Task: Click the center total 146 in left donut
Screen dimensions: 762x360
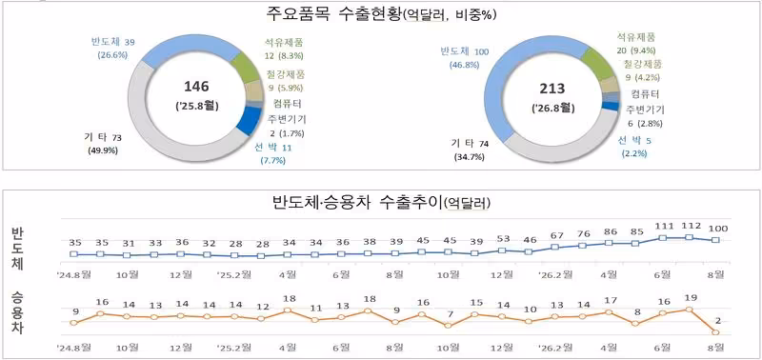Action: pos(196,87)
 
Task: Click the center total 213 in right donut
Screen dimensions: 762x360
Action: pos(551,89)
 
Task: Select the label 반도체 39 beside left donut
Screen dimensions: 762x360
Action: pos(112,42)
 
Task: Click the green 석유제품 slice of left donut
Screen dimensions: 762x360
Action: pos(245,66)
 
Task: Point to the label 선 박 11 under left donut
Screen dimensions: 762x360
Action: pos(272,148)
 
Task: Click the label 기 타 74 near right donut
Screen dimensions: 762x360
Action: pos(470,143)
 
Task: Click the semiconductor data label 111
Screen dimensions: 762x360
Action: pos(663,226)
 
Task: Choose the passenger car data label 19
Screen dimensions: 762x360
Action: pos(690,298)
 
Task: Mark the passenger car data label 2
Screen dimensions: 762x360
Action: pos(717,320)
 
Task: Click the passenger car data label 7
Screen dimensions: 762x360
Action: pos(450,314)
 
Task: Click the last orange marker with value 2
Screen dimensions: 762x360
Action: pos(715,332)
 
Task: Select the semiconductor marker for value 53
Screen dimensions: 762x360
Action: pos(502,250)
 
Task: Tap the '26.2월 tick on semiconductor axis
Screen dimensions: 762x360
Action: pos(555,274)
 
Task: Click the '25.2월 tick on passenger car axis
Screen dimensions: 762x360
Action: pos(233,348)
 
